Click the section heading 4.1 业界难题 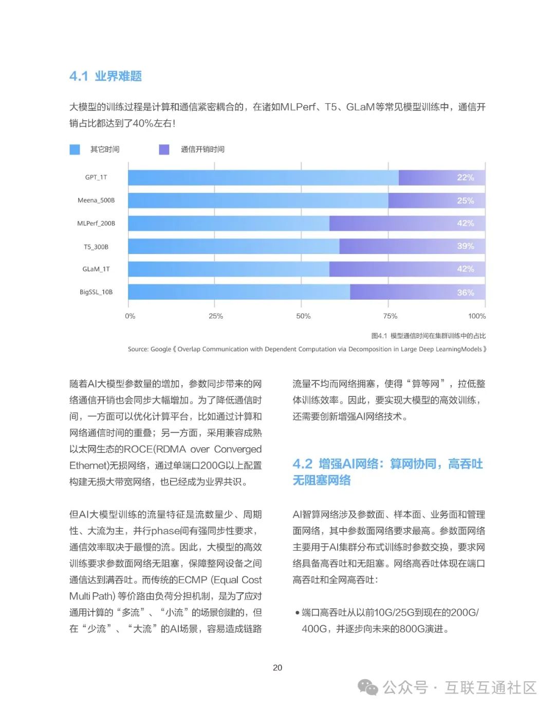click(x=105, y=76)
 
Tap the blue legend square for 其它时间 click(x=75, y=149)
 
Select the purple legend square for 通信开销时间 click(x=164, y=149)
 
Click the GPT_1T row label click(x=96, y=177)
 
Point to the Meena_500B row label click(x=96, y=200)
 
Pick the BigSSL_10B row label click(x=96, y=292)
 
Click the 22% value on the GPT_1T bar click(x=466, y=177)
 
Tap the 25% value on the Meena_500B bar click(x=466, y=201)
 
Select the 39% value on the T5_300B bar click(x=466, y=246)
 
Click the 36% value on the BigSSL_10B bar click(x=466, y=293)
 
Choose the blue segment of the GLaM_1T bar click(x=229, y=269)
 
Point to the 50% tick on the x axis click(x=303, y=316)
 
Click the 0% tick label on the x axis click(x=130, y=316)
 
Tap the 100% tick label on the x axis click(x=477, y=316)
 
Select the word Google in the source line click(x=160, y=349)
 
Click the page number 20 click(x=277, y=668)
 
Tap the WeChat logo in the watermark click(x=368, y=687)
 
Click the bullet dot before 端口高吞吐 click(x=298, y=613)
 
